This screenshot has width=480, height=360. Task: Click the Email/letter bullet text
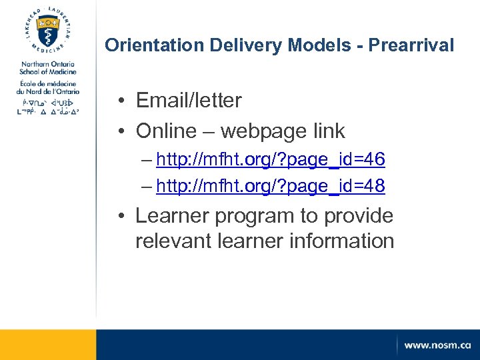[x=189, y=101]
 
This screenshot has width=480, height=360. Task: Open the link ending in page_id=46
[x=271, y=160]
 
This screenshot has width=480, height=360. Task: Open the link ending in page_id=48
[x=271, y=186]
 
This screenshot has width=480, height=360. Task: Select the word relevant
[x=173, y=241]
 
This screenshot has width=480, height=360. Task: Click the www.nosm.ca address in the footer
[x=437, y=345]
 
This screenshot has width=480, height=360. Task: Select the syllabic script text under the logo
[x=48, y=108]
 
